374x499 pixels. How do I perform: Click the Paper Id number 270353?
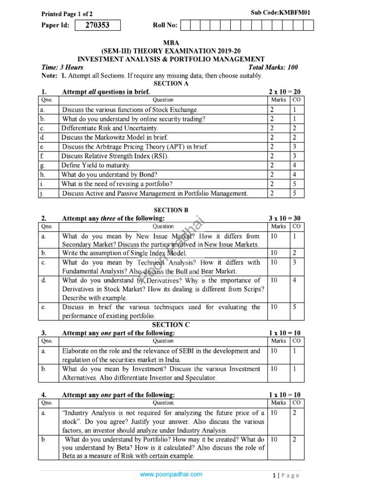(x=97, y=25)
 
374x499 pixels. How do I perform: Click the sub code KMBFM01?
(x=273, y=12)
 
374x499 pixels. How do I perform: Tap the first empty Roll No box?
(x=191, y=25)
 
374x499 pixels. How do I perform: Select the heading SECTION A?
(x=171, y=83)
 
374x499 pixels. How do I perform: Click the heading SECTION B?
(x=171, y=210)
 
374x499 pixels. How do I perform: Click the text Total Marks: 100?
(x=273, y=68)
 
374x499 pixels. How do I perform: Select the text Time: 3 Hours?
(x=62, y=68)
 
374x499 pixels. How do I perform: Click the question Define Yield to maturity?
(x=96, y=165)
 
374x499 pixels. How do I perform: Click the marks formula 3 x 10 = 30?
(x=284, y=218)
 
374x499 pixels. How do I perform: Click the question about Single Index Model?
(x=124, y=253)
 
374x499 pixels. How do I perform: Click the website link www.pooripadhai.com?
(x=170, y=474)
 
